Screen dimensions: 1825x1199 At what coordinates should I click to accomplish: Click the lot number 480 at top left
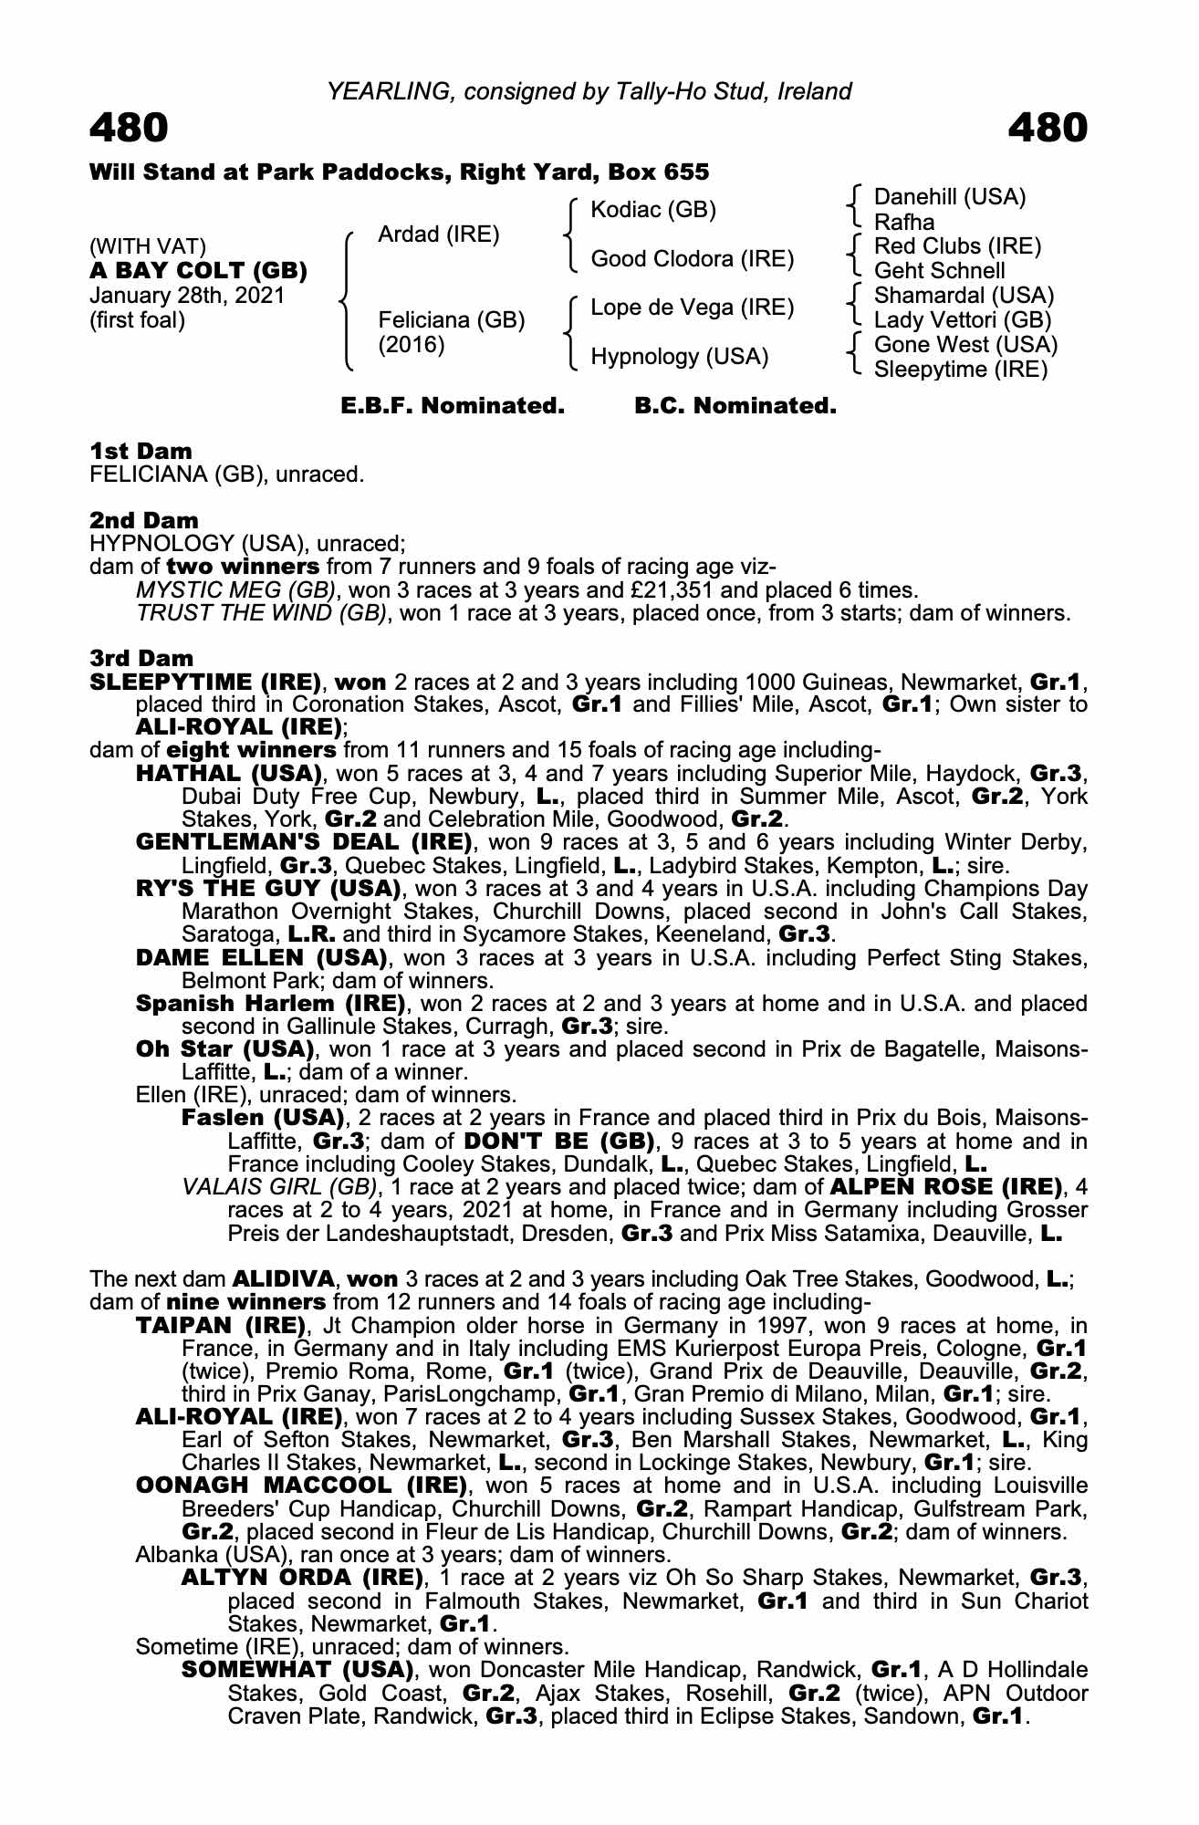(129, 128)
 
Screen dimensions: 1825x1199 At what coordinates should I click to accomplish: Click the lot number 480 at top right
(1048, 128)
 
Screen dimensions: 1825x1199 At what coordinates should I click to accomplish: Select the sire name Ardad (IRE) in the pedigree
(438, 235)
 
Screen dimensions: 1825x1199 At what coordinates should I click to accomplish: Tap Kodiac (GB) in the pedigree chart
(653, 210)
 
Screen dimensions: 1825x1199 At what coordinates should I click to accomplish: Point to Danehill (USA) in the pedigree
(950, 197)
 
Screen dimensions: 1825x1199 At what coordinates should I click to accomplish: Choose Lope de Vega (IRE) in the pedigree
(693, 308)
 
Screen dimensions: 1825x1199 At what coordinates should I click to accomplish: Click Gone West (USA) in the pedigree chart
(965, 345)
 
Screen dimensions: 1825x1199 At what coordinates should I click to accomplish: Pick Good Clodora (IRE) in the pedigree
(693, 259)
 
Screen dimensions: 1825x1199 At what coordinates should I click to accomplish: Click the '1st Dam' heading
(141, 451)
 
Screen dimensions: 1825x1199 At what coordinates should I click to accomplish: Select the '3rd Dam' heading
(141, 658)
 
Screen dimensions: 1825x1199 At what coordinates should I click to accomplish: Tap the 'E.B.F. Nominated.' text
(453, 406)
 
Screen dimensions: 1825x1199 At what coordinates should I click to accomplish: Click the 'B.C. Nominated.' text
(735, 406)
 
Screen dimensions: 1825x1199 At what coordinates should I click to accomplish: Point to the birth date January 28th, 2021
(187, 296)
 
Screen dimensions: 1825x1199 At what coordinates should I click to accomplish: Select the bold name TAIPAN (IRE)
(220, 1325)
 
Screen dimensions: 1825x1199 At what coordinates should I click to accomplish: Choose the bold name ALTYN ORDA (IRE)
(302, 1578)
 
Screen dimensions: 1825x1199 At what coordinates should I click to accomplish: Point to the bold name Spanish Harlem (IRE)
(271, 1004)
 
